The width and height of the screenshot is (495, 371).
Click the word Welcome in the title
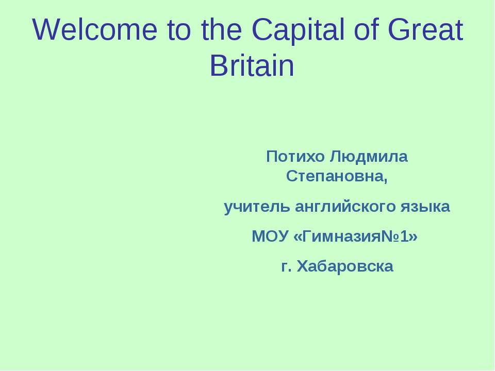[93, 31]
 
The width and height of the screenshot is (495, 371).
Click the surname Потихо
[295, 156]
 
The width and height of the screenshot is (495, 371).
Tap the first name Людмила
[368, 156]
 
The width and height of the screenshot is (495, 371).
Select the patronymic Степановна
[336, 178]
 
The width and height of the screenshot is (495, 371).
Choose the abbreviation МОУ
[269, 237]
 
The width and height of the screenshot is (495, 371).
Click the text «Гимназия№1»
[355, 237]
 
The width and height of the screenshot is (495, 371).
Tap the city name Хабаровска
[345, 266]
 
